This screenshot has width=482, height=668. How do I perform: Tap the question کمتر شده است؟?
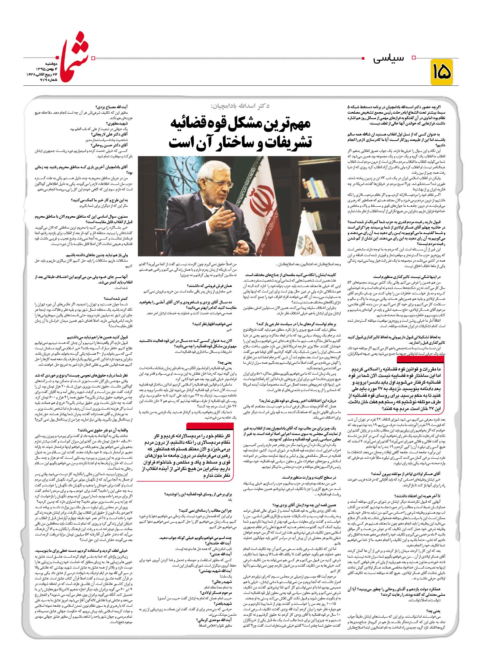118,298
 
